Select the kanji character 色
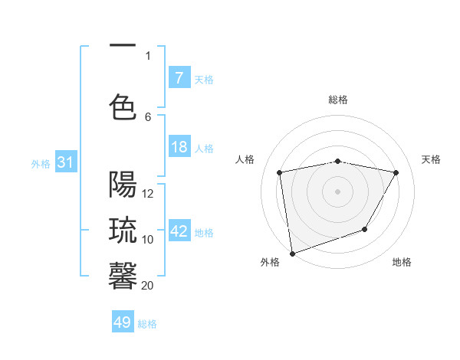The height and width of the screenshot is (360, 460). tap(123, 108)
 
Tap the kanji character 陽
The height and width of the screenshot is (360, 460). tap(123, 185)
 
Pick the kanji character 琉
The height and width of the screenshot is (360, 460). tap(123, 231)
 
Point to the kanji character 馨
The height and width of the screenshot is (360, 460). tap(123, 276)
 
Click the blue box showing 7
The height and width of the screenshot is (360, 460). tap(179, 78)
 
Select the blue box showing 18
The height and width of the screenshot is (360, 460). tap(179, 148)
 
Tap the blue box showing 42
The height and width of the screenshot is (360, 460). tap(179, 231)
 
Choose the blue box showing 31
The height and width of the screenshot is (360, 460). tap(65, 162)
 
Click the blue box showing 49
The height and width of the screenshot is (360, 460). tap(123, 322)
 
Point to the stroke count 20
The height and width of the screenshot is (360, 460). tap(148, 285)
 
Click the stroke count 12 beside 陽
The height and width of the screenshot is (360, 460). tap(148, 194)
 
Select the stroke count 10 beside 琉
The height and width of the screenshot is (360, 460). tap(148, 239)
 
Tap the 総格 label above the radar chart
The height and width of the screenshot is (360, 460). tap(337, 100)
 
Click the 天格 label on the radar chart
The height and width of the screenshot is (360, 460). tap(431, 159)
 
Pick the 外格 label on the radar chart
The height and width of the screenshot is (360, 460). tap(270, 262)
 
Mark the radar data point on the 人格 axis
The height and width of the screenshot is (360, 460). tap(280, 173)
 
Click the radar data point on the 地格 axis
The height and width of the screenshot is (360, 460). tap(365, 229)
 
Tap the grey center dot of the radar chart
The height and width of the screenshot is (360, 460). tap(337, 191)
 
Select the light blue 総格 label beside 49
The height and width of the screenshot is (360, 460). tap(148, 324)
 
